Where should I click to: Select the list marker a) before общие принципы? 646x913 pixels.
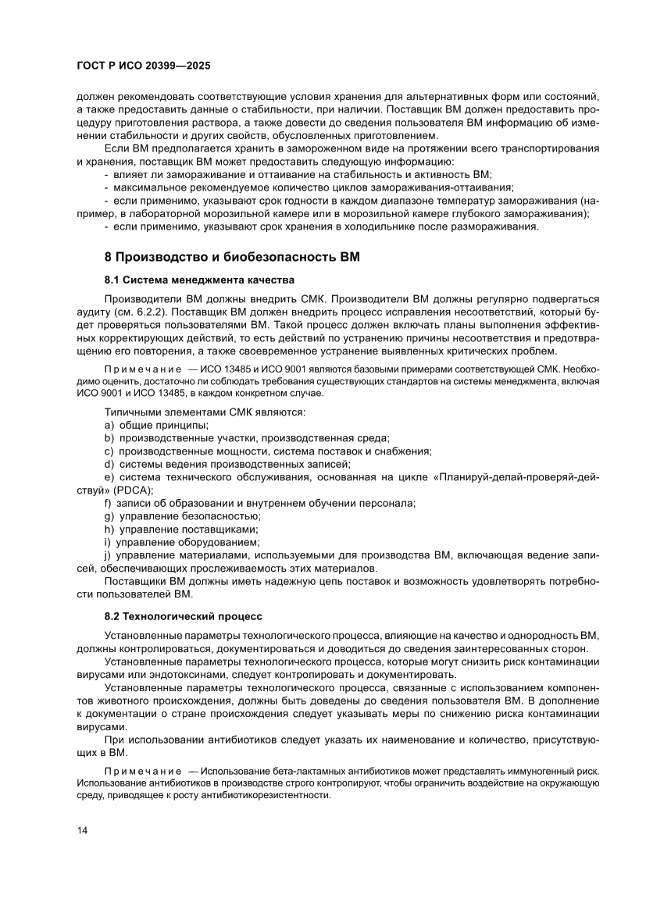coord(109,425)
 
